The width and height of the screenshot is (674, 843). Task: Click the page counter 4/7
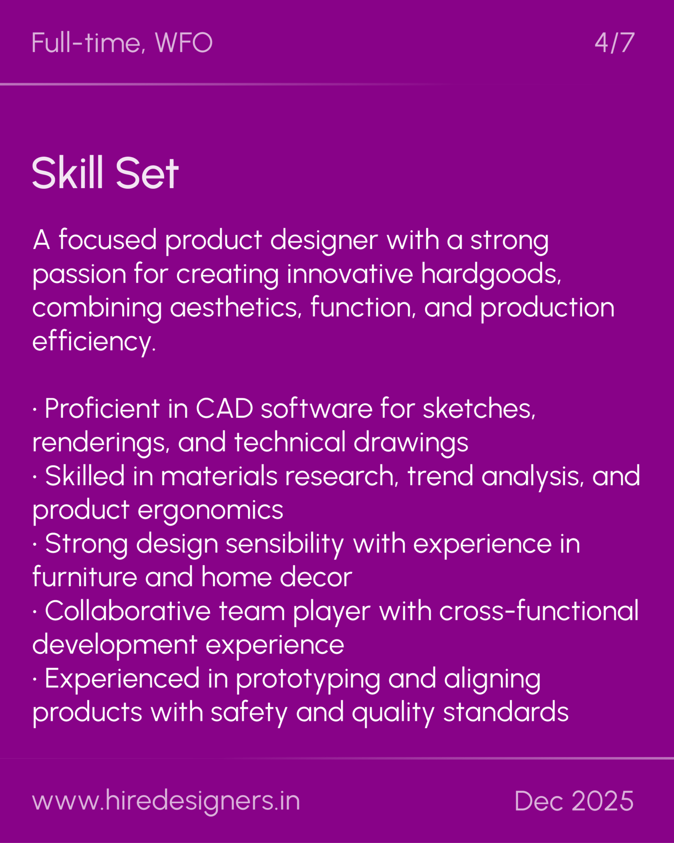coord(614,43)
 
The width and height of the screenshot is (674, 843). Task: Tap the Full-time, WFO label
coord(122,43)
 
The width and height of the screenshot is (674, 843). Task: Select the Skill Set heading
coord(105,173)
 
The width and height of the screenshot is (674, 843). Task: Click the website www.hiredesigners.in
coord(166,800)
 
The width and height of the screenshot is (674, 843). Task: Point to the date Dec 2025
coord(574,800)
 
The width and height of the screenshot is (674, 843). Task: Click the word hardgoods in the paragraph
coord(490,274)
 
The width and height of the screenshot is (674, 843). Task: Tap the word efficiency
coord(94,341)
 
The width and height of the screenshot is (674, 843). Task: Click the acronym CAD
coord(224,408)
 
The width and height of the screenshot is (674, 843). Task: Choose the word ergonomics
coord(210,510)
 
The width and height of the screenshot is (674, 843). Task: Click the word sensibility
coord(285,544)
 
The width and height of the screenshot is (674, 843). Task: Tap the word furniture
coord(85,577)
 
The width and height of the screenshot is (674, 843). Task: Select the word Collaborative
coord(128,611)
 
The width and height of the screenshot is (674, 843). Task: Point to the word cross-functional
coord(539,611)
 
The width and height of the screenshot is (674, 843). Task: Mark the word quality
coord(393,713)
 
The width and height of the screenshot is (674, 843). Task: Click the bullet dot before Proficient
coord(35,409)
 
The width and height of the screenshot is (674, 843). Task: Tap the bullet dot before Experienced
coord(35,679)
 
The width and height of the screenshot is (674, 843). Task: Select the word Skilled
coord(85,476)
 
